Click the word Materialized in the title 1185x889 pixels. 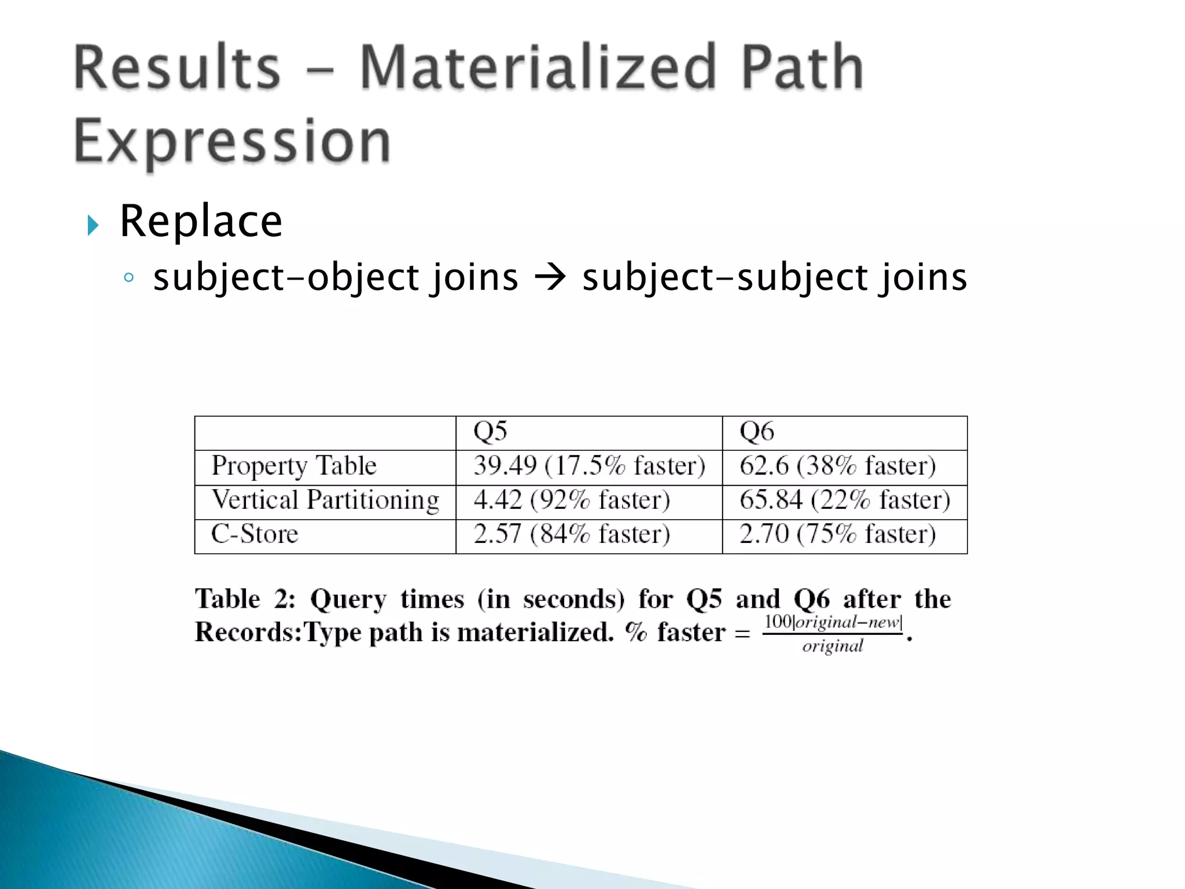[x=538, y=68]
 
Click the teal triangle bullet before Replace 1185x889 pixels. [x=93, y=225]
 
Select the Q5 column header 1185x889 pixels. [x=490, y=432]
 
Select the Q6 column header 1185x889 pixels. [x=756, y=432]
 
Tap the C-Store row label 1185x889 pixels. [x=255, y=534]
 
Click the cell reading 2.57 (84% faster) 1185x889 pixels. [x=572, y=534]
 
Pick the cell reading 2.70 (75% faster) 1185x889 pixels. [x=837, y=534]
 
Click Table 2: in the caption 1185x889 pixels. [x=245, y=599]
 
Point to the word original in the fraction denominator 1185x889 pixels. [x=833, y=646]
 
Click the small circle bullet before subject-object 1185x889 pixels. [x=128, y=278]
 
